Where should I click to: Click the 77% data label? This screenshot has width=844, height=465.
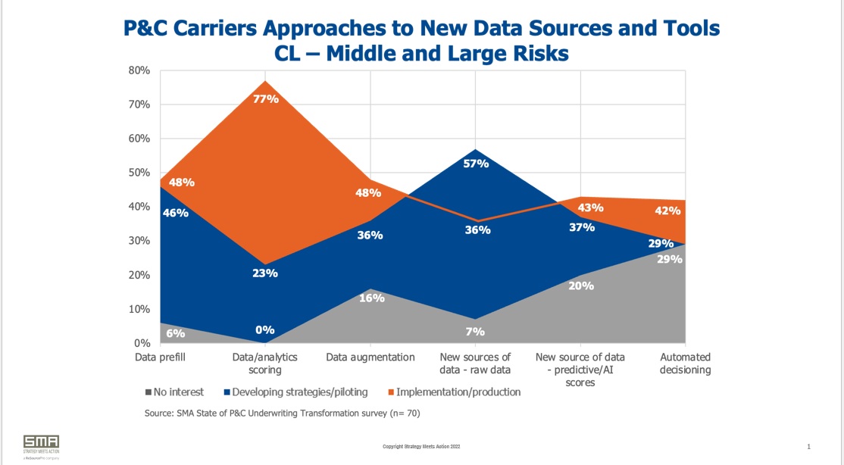point(265,99)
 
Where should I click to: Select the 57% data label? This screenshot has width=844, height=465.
point(477,164)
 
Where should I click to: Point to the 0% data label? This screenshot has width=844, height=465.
point(265,330)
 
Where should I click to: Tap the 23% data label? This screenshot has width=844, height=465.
point(265,273)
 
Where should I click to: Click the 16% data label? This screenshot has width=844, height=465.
point(371,298)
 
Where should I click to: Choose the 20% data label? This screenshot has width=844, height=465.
point(582,286)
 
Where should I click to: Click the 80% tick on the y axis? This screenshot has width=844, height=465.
point(139,70)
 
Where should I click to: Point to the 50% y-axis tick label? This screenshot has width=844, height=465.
point(139,173)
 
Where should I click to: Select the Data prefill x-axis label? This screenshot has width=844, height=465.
point(160,357)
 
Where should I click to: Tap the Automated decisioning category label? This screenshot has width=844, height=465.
point(686,364)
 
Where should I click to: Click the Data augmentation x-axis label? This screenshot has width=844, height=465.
point(370,357)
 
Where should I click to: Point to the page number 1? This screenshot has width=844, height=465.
point(809,446)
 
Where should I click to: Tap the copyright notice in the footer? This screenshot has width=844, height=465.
point(421,447)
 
